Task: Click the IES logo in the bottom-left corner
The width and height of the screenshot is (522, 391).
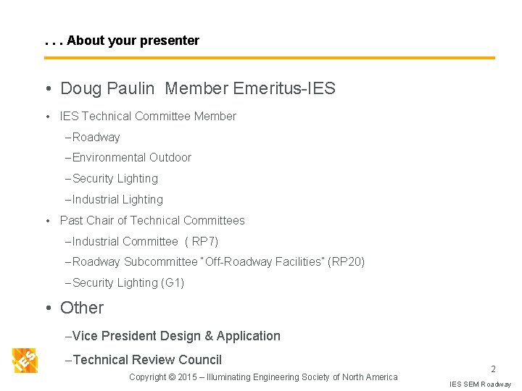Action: (x=25, y=360)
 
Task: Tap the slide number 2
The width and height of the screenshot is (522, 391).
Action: (x=493, y=369)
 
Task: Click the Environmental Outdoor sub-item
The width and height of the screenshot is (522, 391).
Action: (x=132, y=157)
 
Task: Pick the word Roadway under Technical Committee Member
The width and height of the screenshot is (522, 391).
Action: (x=96, y=137)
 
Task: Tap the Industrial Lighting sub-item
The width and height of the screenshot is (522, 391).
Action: (x=117, y=199)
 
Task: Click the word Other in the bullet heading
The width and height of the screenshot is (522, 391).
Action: (x=82, y=308)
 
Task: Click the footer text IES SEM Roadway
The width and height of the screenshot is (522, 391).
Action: (x=480, y=384)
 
